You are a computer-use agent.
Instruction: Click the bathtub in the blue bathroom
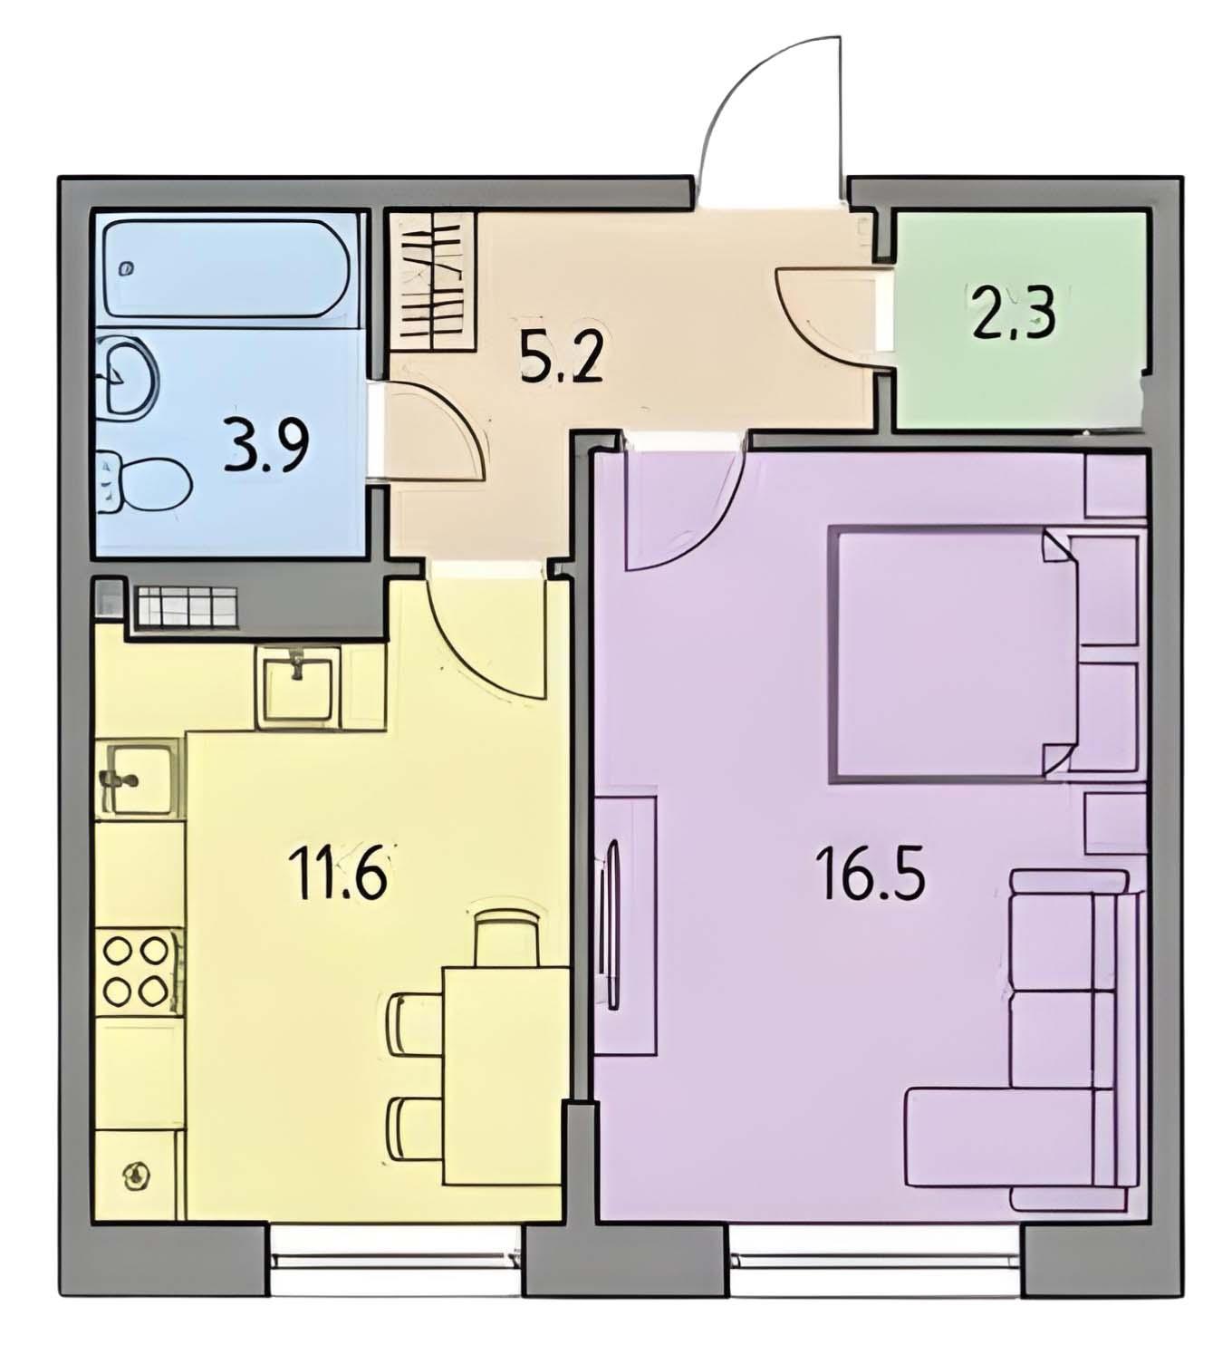click(226, 269)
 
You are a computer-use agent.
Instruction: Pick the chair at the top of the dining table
click(506, 939)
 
